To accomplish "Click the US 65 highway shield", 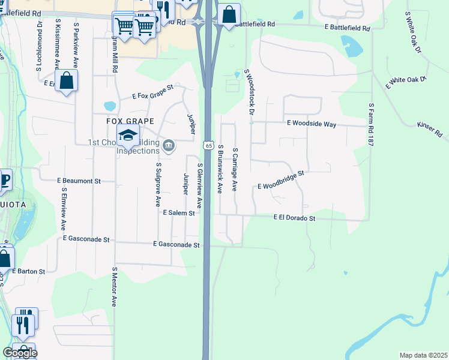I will pos(208,145).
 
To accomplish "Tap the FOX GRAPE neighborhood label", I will pos(127,121).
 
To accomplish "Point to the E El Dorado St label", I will pos(295,218).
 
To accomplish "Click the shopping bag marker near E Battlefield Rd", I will pos(229,14).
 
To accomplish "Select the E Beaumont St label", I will pos(78,180).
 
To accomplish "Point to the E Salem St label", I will pos(179,212).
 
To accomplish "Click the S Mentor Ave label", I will pos(114,287).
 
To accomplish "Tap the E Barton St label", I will pos(29,271).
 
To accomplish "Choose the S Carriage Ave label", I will pos(235,170).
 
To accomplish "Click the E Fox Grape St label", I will pos(152,91).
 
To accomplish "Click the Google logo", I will pos(19,353).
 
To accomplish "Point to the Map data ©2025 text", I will pos(423,355).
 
